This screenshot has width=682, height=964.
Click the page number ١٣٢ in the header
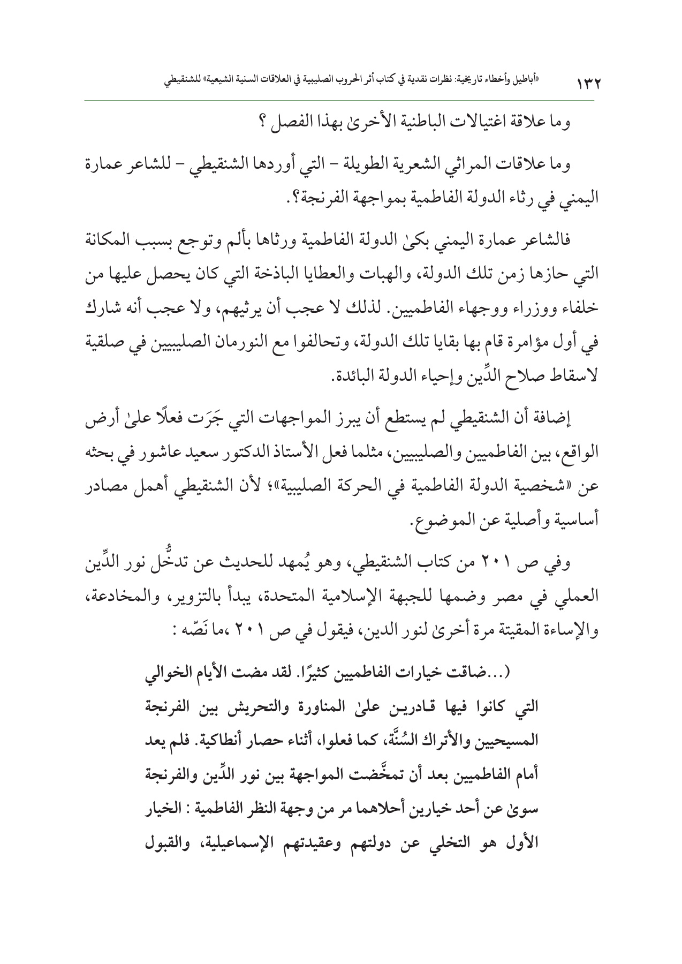tap(587, 84)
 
